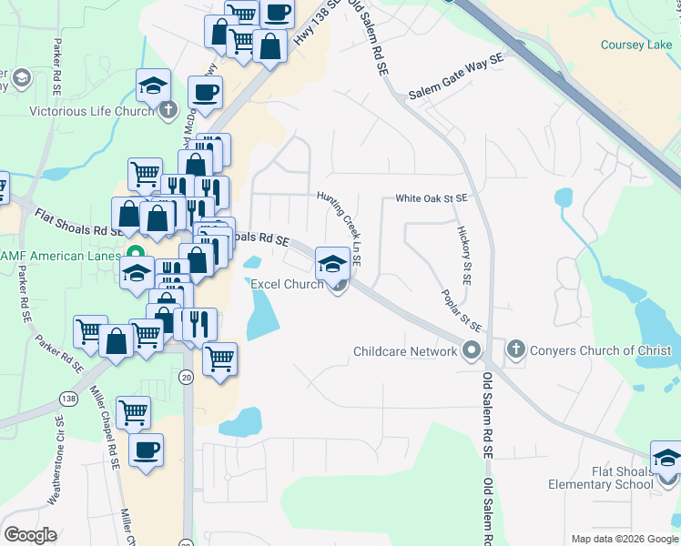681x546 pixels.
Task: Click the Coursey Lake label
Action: coord(635,45)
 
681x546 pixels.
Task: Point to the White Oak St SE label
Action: coord(431,197)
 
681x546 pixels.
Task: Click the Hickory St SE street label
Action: coord(463,256)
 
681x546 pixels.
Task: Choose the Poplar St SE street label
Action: coord(462,310)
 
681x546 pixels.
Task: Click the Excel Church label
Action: coord(287,284)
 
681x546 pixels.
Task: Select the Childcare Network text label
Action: coord(405,351)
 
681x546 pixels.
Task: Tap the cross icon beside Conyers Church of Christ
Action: coord(515,349)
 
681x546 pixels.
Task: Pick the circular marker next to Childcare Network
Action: coord(471,350)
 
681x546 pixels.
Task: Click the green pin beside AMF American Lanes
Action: coord(136,254)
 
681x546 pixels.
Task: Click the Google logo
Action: coord(30,535)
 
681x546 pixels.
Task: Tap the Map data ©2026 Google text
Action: coord(624,539)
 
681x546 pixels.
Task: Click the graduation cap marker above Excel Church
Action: coord(330,264)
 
